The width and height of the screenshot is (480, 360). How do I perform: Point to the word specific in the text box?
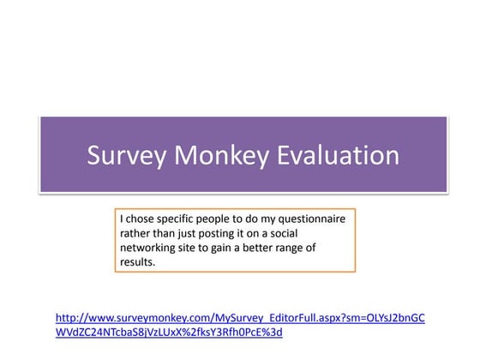click(183, 219)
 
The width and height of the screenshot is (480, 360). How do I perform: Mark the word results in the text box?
click(138, 262)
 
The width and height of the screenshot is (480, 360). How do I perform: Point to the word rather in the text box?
click(135, 233)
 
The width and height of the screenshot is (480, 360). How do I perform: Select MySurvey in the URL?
click(228, 318)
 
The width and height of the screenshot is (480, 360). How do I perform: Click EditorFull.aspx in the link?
click(292, 318)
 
